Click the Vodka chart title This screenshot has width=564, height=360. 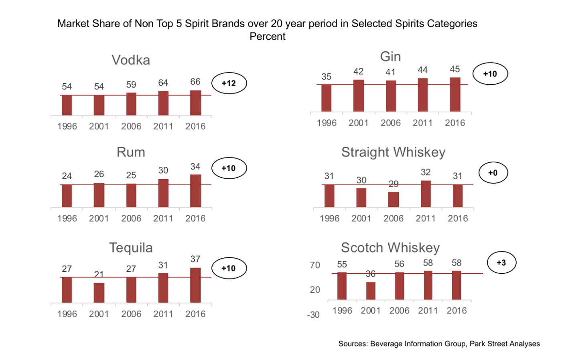pos(131,60)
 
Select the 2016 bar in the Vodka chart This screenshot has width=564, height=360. pos(195,103)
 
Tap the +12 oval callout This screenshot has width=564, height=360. pos(229,83)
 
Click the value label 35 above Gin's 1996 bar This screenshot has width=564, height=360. pos(326,77)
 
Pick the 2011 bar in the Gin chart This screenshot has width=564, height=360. pos(422,95)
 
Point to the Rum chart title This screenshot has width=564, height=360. pos(131,152)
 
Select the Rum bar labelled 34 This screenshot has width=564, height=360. pos(195,191)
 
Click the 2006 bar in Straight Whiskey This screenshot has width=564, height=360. pos(394,200)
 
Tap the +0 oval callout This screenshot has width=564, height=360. pos(493,173)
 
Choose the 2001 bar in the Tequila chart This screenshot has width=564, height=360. pos(99,293)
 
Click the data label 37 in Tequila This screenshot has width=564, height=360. pos(195,259)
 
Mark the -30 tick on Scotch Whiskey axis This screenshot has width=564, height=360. pos(313,315)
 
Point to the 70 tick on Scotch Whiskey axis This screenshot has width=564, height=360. pos(315,265)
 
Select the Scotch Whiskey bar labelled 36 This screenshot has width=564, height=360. pos(371,291)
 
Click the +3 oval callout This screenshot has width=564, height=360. pos(501,263)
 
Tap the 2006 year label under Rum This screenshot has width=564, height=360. pos(131,218)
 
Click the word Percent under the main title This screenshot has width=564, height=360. pos(268,36)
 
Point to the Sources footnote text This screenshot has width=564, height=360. pos(439,344)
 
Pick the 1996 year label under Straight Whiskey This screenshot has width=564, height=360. pos(329,218)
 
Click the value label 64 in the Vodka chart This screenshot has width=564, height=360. pos(163,83)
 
